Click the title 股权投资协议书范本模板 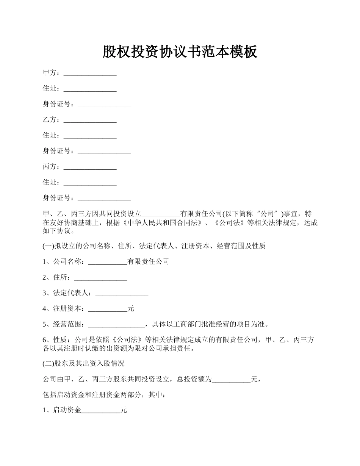[x=180, y=52]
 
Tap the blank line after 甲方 [x=90, y=73]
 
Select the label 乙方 [x=51, y=120]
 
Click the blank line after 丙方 [x=90, y=167]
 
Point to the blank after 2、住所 [x=100, y=278]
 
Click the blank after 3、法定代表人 [x=122, y=293]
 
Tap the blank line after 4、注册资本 [x=108, y=309]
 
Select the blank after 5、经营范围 [x=116, y=324]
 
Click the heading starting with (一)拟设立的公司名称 [x=154, y=246]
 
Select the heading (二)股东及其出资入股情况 [x=83, y=364]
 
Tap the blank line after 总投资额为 [x=231, y=379]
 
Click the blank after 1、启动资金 [x=101, y=410]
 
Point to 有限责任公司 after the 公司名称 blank [x=148, y=262]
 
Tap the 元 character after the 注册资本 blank [x=131, y=309]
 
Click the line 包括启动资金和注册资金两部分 [x=104, y=395]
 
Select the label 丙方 [x=51, y=167]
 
